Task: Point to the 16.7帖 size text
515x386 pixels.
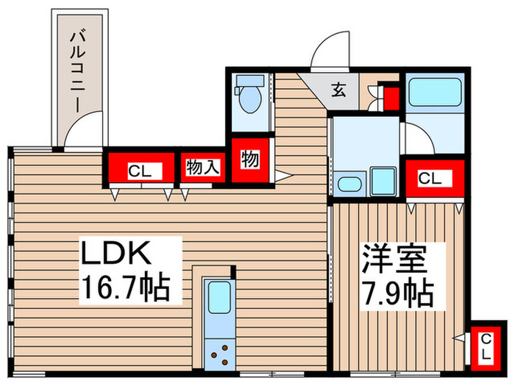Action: (125, 286)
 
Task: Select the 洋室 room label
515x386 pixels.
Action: (394, 259)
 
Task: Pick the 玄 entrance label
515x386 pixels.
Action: (338, 90)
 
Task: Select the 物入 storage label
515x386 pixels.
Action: (202, 168)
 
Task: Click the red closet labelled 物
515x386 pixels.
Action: (249, 160)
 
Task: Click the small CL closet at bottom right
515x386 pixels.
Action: (486, 346)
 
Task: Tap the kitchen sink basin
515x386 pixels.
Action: (219, 299)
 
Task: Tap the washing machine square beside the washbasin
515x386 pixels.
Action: (383, 180)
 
